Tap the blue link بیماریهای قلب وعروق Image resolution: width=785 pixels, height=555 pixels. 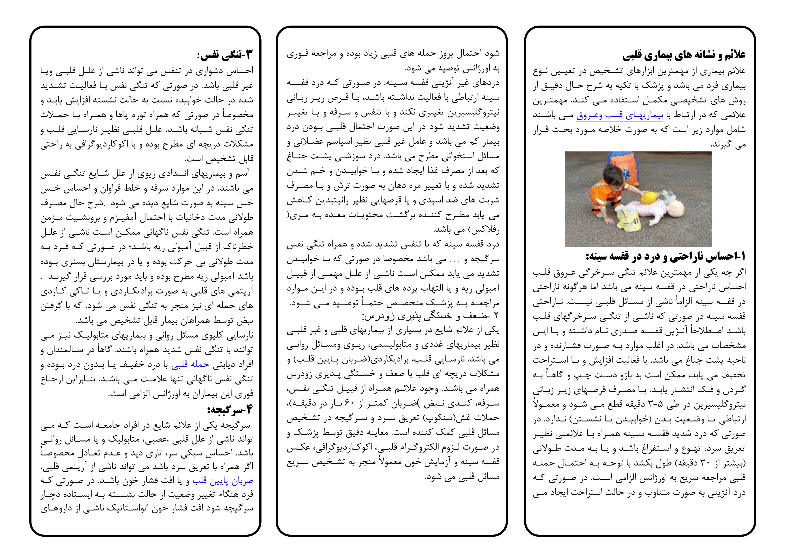[x=620, y=115]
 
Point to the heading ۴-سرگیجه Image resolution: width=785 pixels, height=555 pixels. [x=230, y=410]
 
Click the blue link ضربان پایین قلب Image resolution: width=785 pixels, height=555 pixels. [x=222, y=481]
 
